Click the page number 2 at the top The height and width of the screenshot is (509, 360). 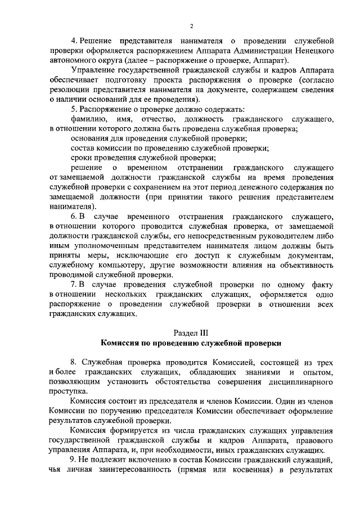click(x=191, y=26)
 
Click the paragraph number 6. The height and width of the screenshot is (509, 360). click(x=73, y=217)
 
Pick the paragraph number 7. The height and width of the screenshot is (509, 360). click(x=73, y=284)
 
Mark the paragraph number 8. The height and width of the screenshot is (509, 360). click(x=73, y=361)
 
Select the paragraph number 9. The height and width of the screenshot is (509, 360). click(x=73, y=460)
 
